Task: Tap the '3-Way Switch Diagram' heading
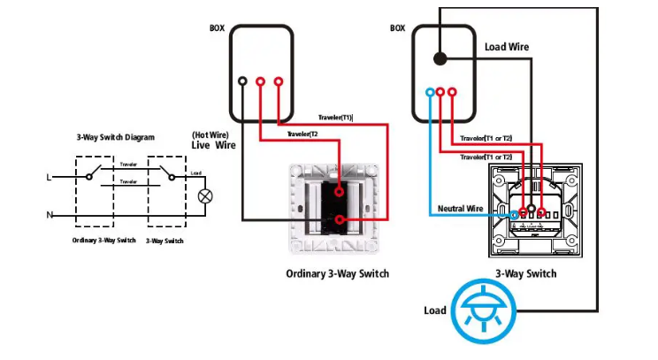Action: (116, 138)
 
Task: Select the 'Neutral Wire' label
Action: (462, 209)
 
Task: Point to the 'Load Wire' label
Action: (507, 47)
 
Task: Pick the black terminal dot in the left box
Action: (242, 82)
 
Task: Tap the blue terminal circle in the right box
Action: (430, 92)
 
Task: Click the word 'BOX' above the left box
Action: (217, 28)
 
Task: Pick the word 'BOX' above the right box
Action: (398, 28)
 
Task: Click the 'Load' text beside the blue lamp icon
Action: (435, 310)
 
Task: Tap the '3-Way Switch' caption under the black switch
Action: (526, 274)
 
